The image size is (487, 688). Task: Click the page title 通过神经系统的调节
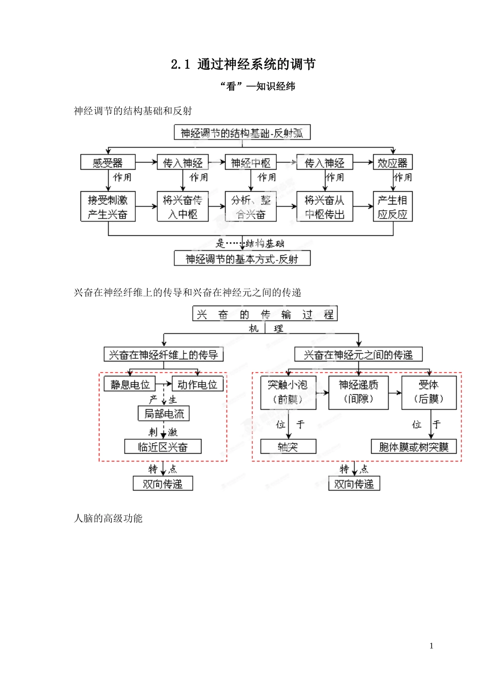243,64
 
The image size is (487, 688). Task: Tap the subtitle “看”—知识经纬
257,86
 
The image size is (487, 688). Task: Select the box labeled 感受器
108,163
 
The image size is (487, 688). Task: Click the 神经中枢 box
251,163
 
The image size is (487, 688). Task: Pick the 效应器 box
392,163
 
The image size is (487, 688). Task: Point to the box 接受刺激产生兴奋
108,207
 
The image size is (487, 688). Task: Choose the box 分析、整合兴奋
251,207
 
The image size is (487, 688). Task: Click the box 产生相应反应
392,207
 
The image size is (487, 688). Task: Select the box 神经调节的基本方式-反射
242,258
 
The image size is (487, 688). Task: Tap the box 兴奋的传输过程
265,314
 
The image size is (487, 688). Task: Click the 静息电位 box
130,384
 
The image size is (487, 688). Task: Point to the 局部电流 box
164,413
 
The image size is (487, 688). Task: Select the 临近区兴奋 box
163,447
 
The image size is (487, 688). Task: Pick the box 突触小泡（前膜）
288,393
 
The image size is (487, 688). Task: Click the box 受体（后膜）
429,393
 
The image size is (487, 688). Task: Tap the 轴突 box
288,447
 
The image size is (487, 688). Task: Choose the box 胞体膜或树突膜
414,447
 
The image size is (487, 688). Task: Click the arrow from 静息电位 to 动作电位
164,383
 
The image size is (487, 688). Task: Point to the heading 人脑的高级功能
108,518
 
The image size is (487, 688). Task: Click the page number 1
431,646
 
